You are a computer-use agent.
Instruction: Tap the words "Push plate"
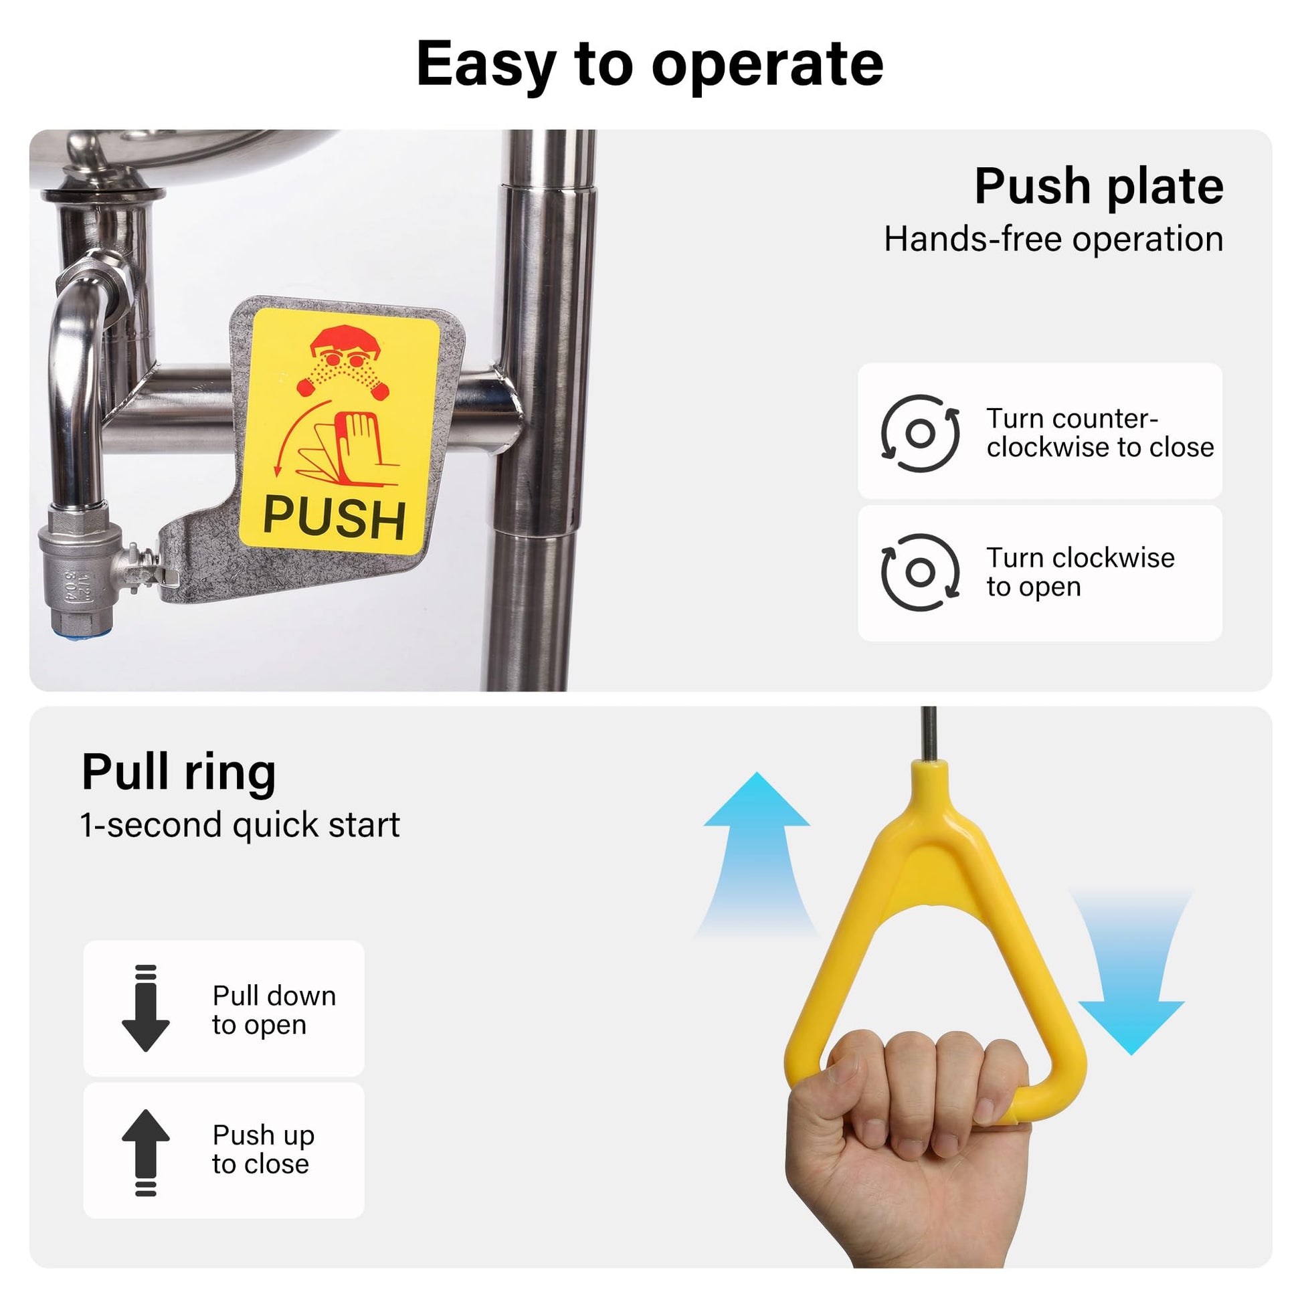pyautogui.click(x=1099, y=187)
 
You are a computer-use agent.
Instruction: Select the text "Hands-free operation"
pyautogui.click(x=1053, y=240)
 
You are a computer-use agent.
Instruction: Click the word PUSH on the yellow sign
pyautogui.click(x=335, y=518)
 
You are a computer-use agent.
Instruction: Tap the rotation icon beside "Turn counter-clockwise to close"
pyautogui.click(x=920, y=434)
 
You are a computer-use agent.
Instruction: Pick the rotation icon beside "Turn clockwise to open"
pyautogui.click(x=920, y=573)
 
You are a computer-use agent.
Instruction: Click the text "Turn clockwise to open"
pyautogui.click(x=1081, y=572)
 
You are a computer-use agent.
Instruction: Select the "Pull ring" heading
pyautogui.click(x=179, y=772)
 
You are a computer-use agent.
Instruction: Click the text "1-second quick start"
pyautogui.click(x=240, y=825)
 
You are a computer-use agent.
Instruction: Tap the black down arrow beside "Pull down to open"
pyautogui.click(x=146, y=1008)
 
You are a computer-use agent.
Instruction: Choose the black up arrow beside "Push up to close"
pyautogui.click(x=146, y=1152)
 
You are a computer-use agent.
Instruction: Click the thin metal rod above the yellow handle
pyautogui.click(x=929, y=734)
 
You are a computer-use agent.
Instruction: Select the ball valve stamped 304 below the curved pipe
pyautogui.click(x=78, y=566)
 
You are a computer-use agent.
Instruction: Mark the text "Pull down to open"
pyautogui.click(x=274, y=1010)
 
